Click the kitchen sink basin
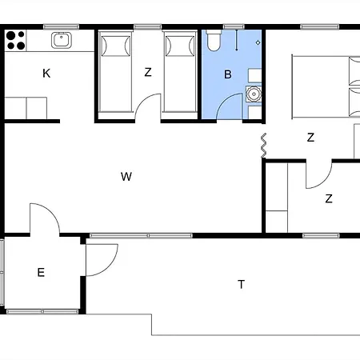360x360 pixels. tap(62, 40)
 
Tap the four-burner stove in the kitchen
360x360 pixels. tap(16, 40)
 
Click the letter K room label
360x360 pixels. tap(46, 74)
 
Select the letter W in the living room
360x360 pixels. tap(126, 177)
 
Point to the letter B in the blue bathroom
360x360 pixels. tap(228, 74)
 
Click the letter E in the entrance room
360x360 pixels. tap(41, 273)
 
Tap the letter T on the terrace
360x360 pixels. tap(241, 285)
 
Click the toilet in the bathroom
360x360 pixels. tap(214, 41)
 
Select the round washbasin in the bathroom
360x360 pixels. tap(254, 94)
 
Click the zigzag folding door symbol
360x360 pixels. tap(263, 146)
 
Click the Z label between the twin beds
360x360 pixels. tap(148, 72)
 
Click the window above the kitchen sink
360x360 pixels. tap(61, 26)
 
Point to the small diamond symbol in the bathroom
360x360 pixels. tap(258, 42)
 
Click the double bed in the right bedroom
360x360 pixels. tap(326, 86)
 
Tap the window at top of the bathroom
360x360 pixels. tap(234, 26)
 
